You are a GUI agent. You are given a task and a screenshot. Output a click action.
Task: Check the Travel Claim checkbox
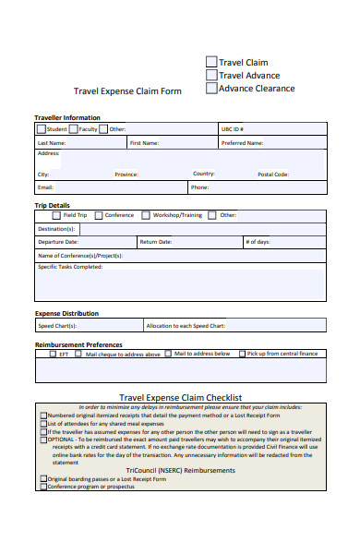pos(211,62)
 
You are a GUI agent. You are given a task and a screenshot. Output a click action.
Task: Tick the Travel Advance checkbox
pos(211,76)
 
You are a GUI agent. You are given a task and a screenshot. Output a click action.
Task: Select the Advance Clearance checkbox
pos(211,89)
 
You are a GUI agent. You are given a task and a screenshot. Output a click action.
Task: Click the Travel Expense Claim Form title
pos(127,91)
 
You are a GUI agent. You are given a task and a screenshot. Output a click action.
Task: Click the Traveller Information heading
pos(67,118)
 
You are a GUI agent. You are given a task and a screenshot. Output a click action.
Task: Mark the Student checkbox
pos(42,129)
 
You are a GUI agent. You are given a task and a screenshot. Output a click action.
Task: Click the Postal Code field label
pos(273,174)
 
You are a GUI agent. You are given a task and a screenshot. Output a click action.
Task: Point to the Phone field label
pos(199,187)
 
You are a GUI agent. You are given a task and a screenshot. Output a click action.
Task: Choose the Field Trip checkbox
pos(56,215)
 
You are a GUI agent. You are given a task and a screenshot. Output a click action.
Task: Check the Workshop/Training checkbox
pos(146,215)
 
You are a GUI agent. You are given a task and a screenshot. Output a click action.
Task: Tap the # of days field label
pos(258,242)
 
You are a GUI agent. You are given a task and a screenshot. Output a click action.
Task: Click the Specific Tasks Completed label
pos(69,267)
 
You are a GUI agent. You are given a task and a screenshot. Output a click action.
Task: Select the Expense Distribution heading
pos(66,313)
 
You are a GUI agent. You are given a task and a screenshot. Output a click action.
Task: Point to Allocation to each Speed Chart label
pos(186,326)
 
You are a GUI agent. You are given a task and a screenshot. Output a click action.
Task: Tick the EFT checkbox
pos(52,354)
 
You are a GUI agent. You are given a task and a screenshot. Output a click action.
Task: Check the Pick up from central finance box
pos(243,354)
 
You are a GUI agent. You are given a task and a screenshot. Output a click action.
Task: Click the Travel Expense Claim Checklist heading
pos(181,396)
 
